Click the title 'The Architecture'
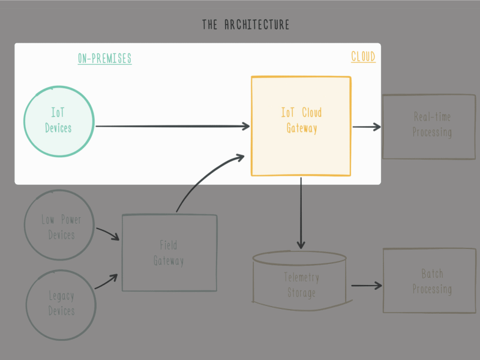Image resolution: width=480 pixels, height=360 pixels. [x=245, y=25]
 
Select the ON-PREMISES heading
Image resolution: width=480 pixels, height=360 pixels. [x=104, y=58]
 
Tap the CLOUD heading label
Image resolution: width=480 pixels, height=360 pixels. [x=363, y=57]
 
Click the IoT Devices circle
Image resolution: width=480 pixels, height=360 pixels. [x=59, y=120]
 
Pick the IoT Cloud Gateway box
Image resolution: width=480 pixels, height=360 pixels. [x=301, y=126]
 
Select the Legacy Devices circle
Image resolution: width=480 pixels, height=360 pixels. [x=61, y=303]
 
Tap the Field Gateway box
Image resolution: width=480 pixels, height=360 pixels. [x=169, y=253]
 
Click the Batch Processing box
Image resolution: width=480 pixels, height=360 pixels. [x=425, y=281]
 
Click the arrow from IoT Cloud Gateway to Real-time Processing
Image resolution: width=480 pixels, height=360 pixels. [x=367, y=127]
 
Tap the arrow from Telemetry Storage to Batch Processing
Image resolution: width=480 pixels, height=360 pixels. [x=366, y=286]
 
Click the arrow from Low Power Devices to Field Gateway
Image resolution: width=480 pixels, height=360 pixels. [x=107, y=233]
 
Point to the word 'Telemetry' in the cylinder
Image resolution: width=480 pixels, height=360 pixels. [x=301, y=278]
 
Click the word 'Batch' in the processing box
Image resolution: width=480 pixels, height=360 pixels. [x=432, y=274]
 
